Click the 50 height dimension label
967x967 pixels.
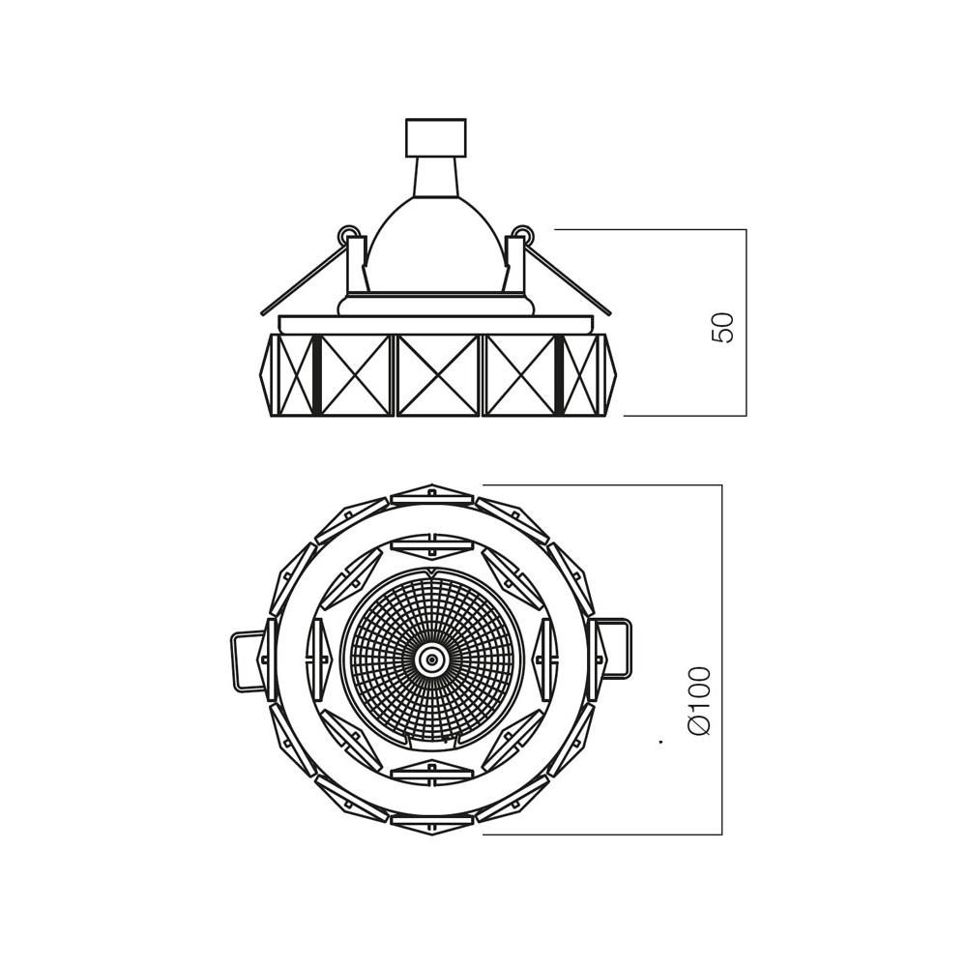[x=723, y=327]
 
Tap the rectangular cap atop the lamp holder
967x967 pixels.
[x=435, y=137]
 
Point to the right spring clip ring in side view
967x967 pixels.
[x=523, y=233]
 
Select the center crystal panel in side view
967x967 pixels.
[x=438, y=375]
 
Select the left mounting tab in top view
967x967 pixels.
[x=248, y=660]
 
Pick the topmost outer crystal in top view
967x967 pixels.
[x=432, y=495]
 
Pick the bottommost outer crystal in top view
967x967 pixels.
[x=432, y=824]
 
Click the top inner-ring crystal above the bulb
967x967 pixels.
[x=432, y=545]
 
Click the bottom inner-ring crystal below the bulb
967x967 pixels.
[x=432, y=772]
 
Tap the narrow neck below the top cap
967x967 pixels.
[x=435, y=176]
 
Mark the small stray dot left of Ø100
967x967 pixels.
[x=660, y=743]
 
